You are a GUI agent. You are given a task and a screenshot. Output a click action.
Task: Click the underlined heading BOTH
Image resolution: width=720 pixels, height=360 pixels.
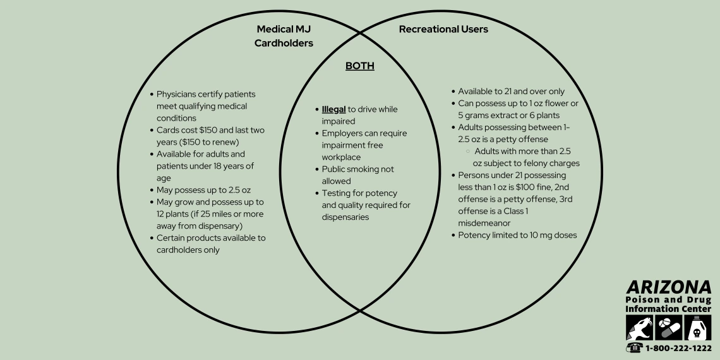click(359, 66)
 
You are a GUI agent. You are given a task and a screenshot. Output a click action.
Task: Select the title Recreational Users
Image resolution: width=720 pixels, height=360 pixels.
click(443, 29)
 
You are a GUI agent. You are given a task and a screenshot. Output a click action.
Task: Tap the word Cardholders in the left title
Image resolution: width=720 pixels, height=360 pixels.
click(284, 43)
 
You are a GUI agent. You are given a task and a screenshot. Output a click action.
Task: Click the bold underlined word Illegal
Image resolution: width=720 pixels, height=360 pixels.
click(334, 109)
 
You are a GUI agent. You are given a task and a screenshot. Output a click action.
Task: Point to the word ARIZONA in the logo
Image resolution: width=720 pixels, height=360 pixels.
click(668, 287)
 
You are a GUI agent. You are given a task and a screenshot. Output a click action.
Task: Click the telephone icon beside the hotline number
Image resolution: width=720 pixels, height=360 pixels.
click(633, 348)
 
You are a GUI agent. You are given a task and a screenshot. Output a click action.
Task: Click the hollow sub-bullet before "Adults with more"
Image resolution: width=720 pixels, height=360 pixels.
click(467, 152)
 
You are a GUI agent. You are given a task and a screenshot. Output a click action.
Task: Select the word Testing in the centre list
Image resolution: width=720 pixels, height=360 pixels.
click(337, 193)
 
